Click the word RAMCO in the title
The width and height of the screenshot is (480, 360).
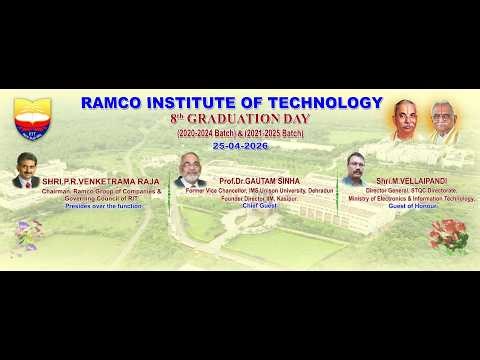111,103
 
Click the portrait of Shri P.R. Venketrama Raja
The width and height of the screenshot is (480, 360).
28,171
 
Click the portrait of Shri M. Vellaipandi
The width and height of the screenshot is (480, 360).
354,169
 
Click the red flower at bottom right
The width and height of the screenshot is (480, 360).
446,235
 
